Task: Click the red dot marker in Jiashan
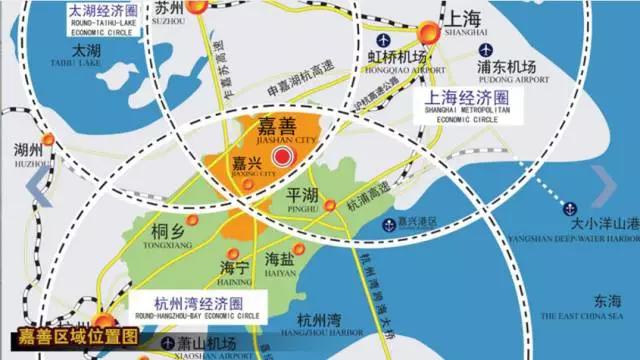point(283,156)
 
